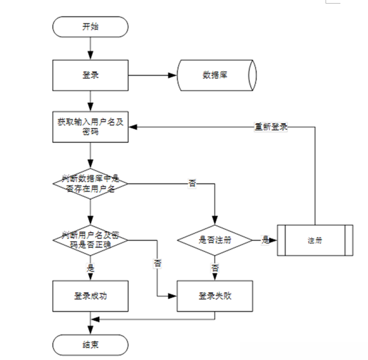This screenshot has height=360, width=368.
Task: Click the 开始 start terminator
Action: click(90, 27)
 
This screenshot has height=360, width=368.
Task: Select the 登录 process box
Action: click(90, 75)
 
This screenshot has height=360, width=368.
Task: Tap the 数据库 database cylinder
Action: click(215, 75)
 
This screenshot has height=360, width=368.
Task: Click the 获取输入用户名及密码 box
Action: click(90, 127)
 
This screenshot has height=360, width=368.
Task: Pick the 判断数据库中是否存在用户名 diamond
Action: click(90, 182)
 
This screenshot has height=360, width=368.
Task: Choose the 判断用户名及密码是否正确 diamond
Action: click(90, 238)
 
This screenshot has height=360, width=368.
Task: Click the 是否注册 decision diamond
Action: click(215, 239)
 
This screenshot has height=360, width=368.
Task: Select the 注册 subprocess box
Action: click(315, 239)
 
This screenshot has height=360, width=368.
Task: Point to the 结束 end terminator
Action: click(90, 345)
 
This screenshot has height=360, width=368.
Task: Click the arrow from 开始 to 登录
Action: click(90, 49)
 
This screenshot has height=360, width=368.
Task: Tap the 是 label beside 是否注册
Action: click(265, 239)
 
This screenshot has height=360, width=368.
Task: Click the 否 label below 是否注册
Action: click(215, 268)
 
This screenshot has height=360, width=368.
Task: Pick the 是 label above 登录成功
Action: click(91, 267)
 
